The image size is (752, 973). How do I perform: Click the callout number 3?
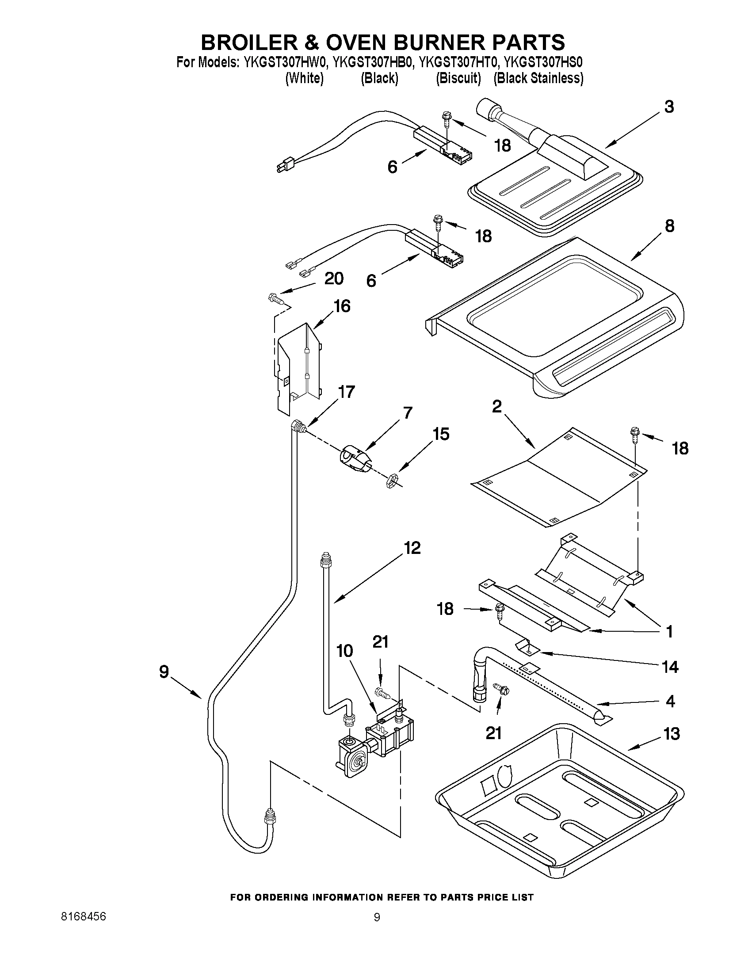pos(669,107)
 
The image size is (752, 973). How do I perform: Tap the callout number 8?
pos(669,226)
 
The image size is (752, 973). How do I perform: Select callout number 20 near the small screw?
pos(334,279)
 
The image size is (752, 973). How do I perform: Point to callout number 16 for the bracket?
pos(342,306)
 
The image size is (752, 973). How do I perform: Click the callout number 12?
pos(412,548)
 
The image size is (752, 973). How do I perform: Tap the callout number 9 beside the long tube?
pos(164,672)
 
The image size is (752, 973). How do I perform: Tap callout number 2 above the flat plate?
pos(497,406)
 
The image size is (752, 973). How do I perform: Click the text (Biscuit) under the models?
pos(458,78)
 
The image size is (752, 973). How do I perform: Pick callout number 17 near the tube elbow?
pos(346,392)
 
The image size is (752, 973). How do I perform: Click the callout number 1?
pos(669,632)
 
